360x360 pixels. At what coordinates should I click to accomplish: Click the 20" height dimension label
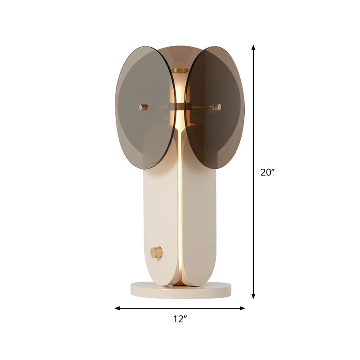click(x=267, y=172)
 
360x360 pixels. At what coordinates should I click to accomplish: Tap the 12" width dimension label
click(x=180, y=319)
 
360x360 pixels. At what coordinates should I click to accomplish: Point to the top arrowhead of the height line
click(x=254, y=47)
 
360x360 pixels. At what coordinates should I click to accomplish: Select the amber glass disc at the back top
click(x=180, y=54)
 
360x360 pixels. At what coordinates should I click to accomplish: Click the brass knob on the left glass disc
click(x=143, y=107)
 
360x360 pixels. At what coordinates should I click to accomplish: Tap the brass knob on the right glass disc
click(x=216, y=107)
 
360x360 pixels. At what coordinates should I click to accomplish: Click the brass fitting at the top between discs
click(x=180, y=71)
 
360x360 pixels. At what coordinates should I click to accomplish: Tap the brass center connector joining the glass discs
click(x=180, y=107)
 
